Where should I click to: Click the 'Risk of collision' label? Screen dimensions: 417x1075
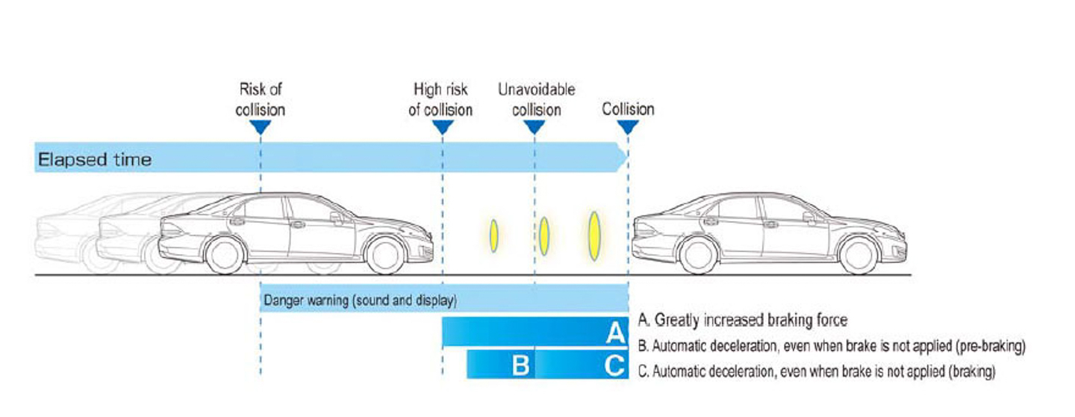click(x=261, y=99)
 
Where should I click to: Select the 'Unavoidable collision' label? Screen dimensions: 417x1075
click(x=536, y=99)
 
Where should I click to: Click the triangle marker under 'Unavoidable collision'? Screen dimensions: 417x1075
click(x=535, y=127)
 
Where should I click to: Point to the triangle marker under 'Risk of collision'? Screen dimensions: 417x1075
click(x=261, y=127)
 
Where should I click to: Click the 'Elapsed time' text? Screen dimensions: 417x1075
click(x=95, y=159)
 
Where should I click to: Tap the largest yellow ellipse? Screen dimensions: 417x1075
click(x=594, y=235)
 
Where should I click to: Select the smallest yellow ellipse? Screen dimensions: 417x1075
click(x=493, y=235)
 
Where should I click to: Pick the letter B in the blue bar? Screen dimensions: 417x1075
click(x=521, y=365)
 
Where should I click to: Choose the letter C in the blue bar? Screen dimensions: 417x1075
click(x=614, y=365)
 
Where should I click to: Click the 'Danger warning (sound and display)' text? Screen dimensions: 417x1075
click(x=360, y=301)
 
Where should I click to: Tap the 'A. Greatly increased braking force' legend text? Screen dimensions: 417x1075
click(x=743, y=321)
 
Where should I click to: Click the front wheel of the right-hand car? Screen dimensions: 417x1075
click(x=856, y=255)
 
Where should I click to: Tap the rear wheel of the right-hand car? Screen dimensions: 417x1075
click(x=698, y=255)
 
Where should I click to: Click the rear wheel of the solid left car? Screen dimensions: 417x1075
click(x=225, y=255)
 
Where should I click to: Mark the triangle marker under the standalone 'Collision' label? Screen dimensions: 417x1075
click(x=628, y=127)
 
